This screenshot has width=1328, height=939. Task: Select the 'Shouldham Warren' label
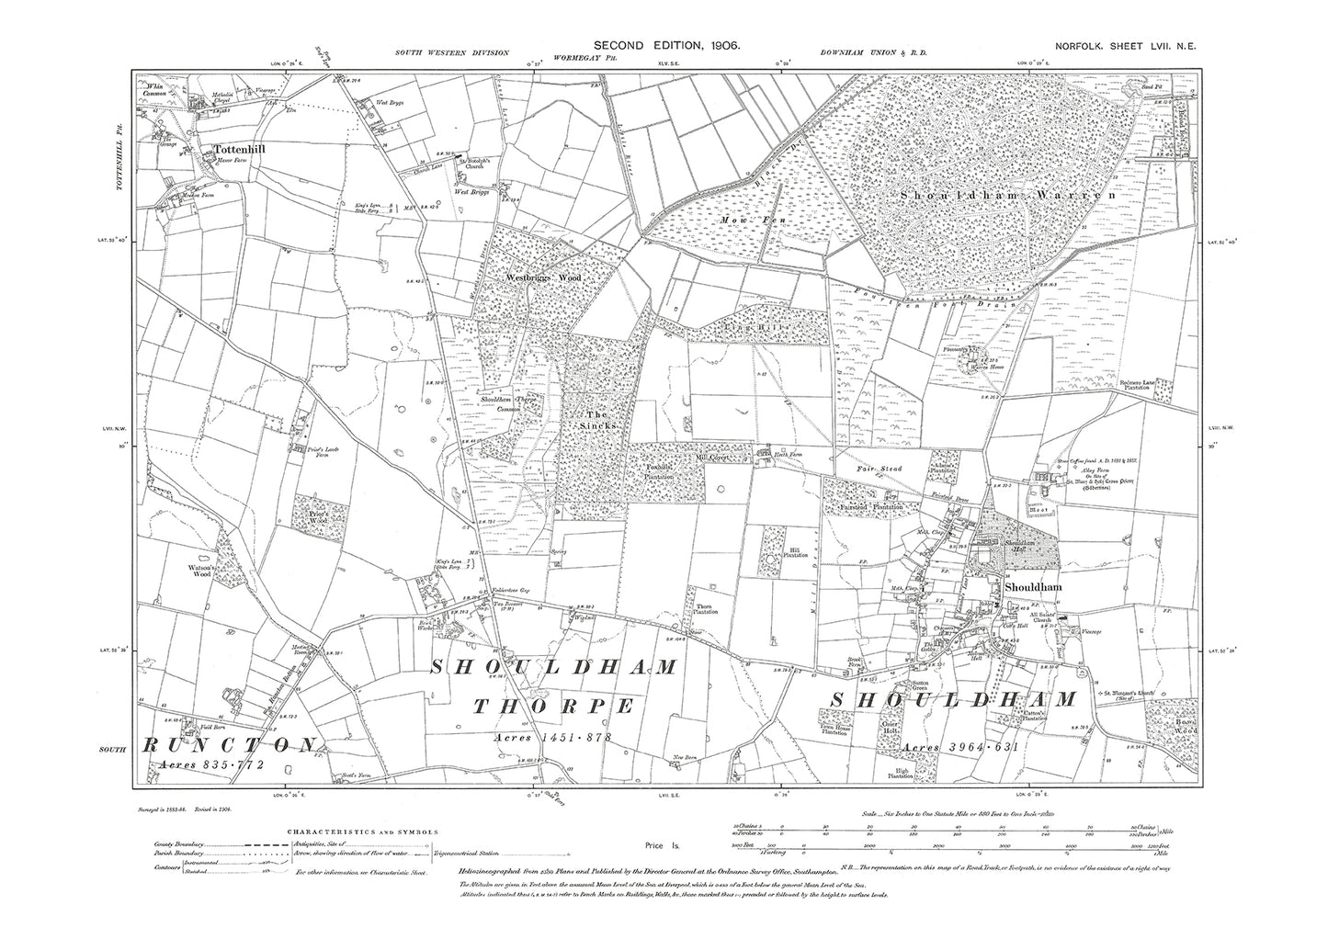[x=1005, y=196]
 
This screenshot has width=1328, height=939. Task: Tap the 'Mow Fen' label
[x=761, y=221]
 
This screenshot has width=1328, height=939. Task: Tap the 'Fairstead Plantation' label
[x=868, y=506]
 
